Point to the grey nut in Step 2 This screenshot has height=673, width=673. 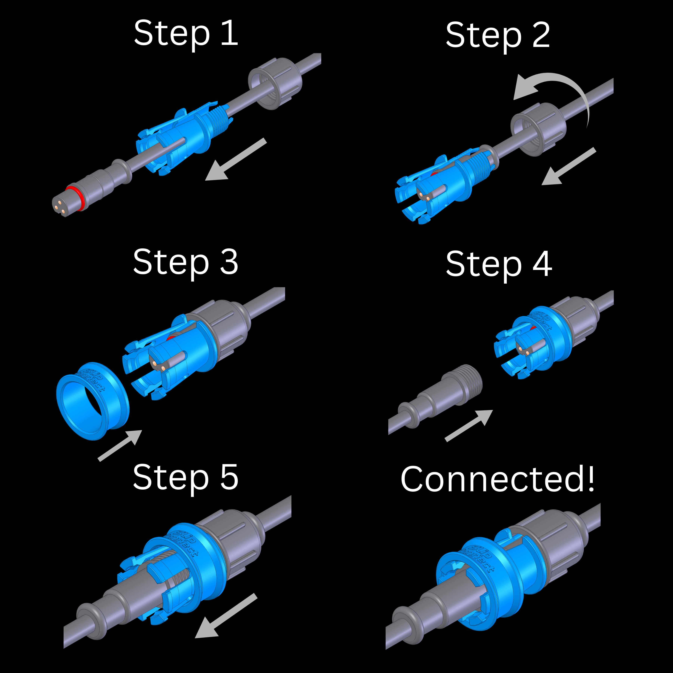coord(538,129)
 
